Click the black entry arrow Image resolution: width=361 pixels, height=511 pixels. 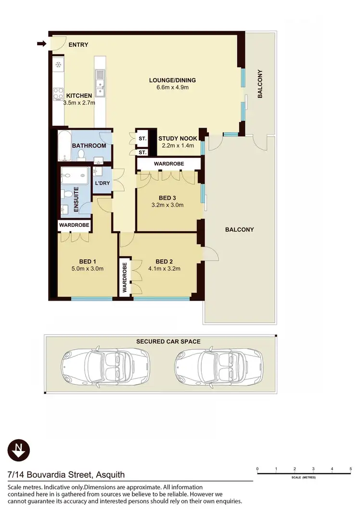(41, 44)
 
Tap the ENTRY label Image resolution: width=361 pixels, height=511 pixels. (78, 45)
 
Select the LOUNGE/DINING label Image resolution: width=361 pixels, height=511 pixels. (172, 80)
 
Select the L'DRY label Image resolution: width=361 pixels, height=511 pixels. (102, 183)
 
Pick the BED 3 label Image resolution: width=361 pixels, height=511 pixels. (168, 197)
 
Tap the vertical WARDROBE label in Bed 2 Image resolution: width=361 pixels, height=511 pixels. (124, 278)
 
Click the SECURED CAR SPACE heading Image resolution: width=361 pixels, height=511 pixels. (168, 341)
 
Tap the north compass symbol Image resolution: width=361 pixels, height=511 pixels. (19, 450)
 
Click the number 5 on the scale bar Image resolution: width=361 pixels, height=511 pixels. (350, 469)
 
